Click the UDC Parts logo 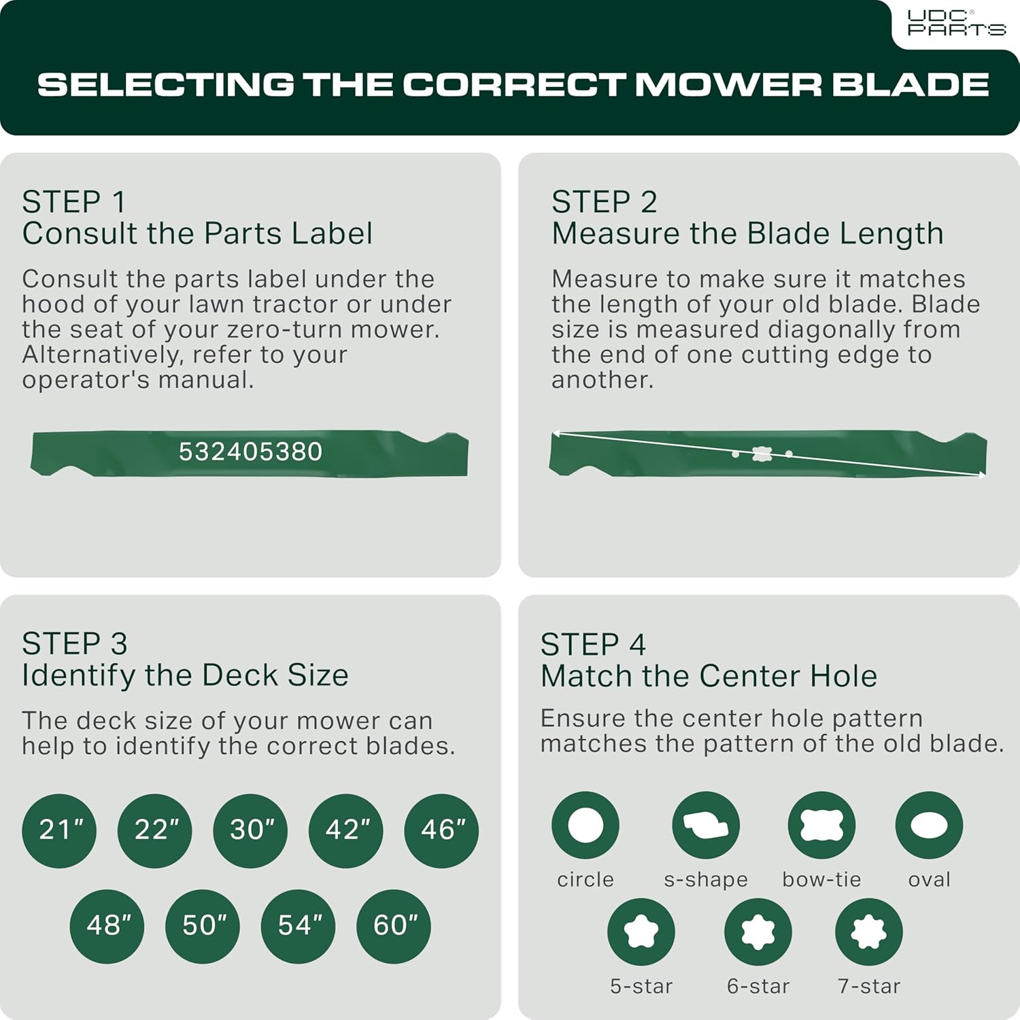956,23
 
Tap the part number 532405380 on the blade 250,452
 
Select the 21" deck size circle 59,830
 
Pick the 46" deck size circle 441,830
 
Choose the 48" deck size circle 107,925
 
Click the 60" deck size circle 394,925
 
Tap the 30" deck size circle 250,830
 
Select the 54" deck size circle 299,925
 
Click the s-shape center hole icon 706,825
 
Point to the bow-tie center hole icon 821,825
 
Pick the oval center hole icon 929,825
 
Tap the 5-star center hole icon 641,932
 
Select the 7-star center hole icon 869,932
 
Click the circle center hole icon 585,825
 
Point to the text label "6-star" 758,986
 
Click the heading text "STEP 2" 604,202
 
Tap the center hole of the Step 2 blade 762,454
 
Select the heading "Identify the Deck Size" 185,675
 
